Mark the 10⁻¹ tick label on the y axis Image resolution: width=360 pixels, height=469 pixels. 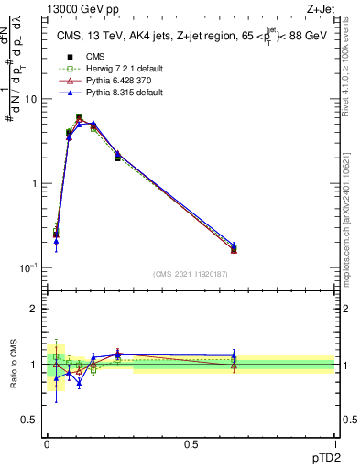coord(30,267)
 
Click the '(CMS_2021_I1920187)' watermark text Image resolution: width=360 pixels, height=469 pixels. coord(191,273)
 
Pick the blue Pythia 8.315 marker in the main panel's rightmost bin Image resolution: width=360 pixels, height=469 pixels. coord(234,245)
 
